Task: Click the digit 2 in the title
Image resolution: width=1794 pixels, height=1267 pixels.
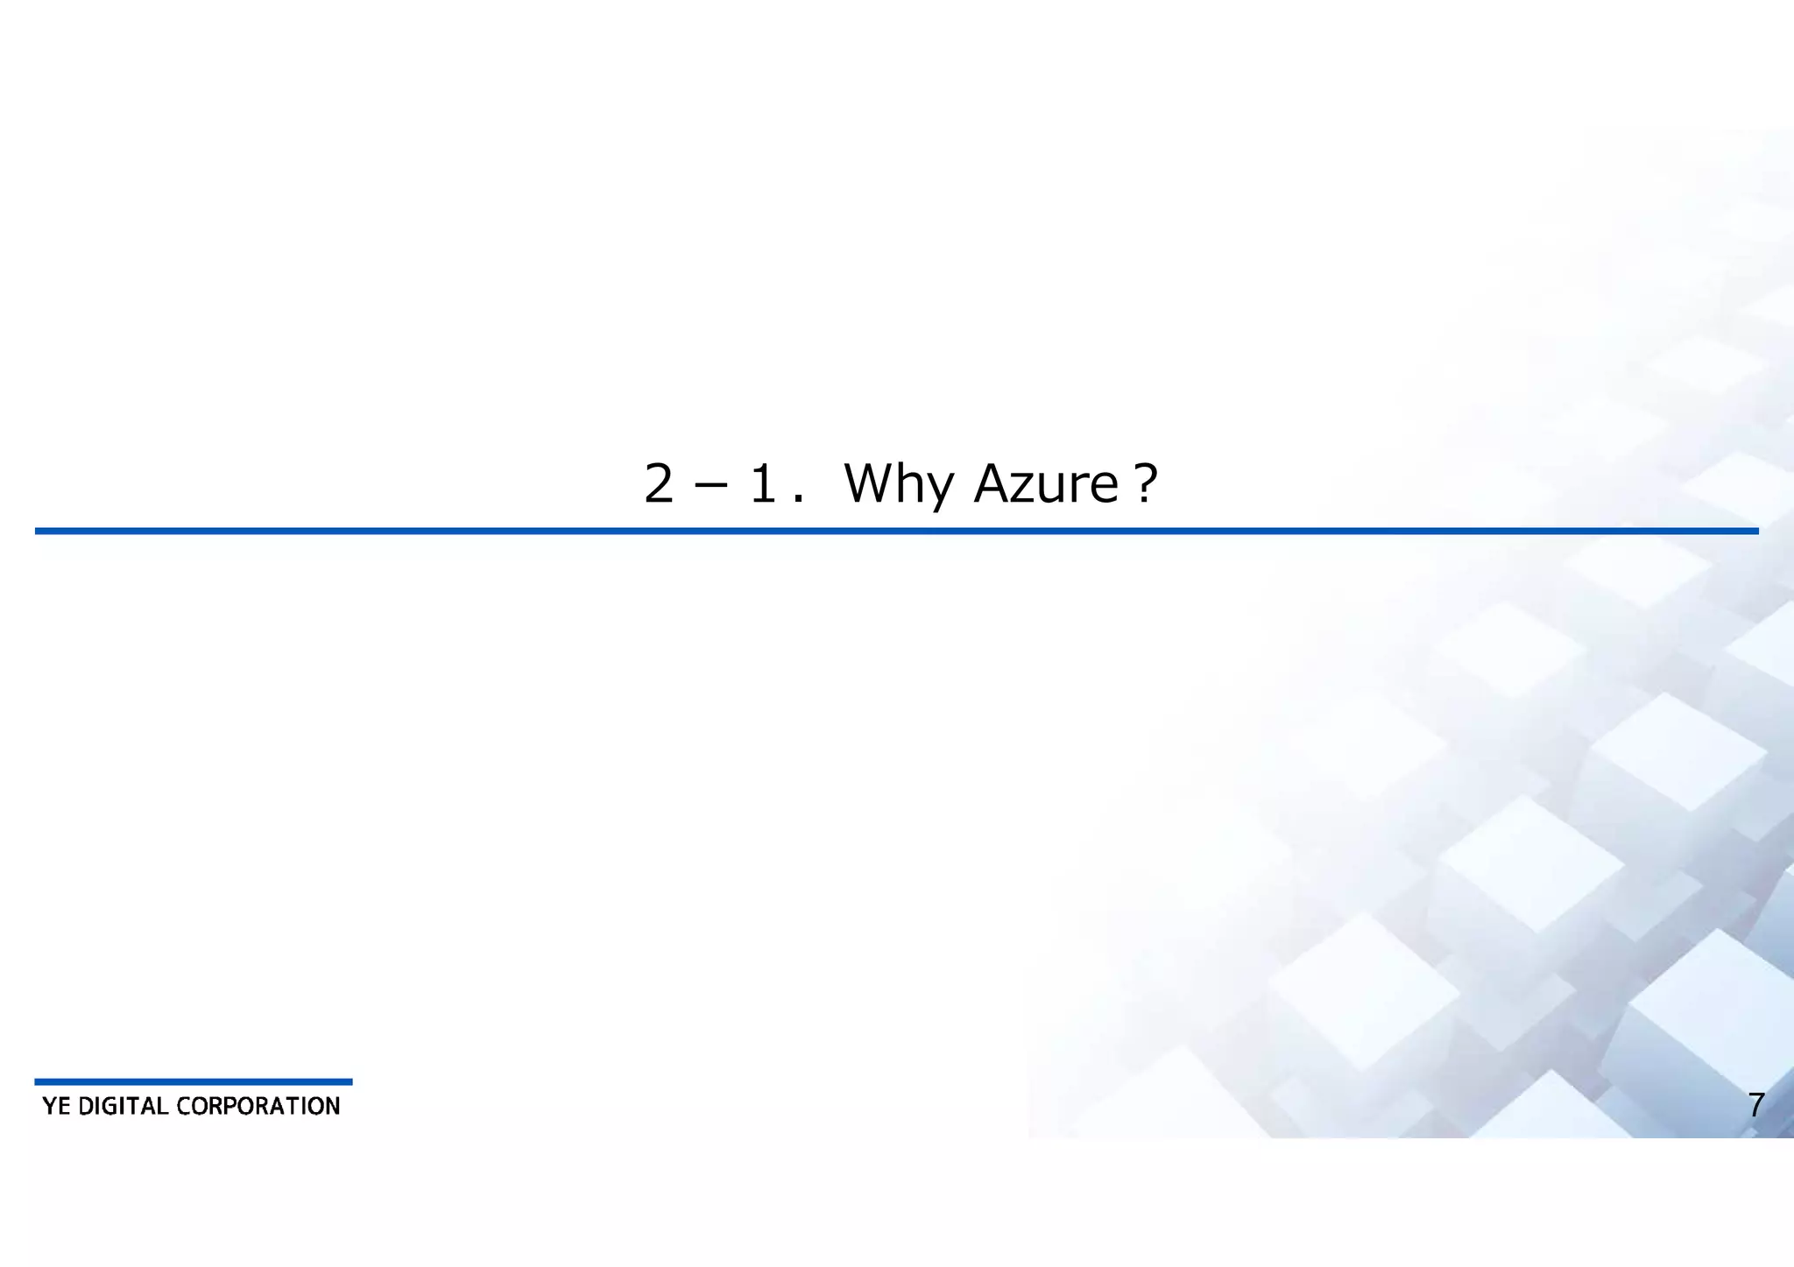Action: pos(659,483)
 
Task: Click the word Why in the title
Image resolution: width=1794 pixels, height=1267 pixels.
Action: pos(898,484)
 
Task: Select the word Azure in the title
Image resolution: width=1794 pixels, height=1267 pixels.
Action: pos(1046,483)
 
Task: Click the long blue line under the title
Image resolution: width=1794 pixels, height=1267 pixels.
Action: pos(896,531)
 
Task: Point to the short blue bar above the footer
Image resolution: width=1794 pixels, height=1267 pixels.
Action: pos(193,1081)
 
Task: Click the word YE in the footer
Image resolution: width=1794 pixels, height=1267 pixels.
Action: pos(56,1106)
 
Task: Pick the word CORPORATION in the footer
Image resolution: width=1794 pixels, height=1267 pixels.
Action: pos(258,1106)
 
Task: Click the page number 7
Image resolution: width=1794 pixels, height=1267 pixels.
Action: pos(1755,1105)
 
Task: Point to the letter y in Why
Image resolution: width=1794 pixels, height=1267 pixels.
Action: pos(938,490)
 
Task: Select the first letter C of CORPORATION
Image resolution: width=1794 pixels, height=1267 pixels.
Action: pos(184,1106)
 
